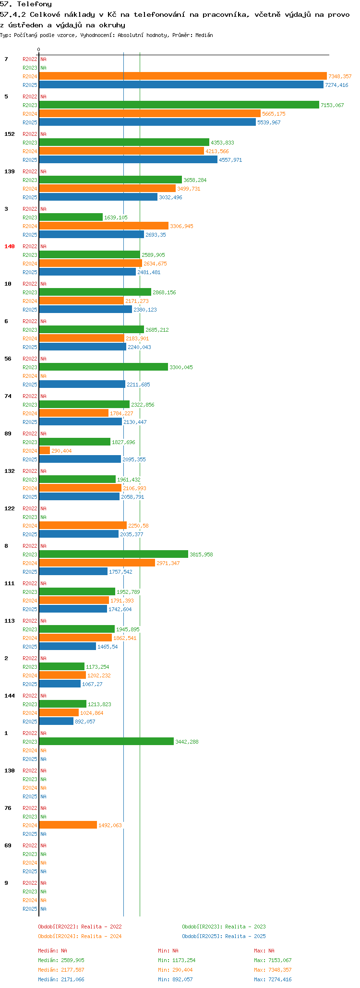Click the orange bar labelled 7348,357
point(182,76)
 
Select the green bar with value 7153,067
point(179,105)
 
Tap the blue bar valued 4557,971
point(128,159)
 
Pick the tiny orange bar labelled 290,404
point(44,450)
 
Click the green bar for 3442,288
point(106,741)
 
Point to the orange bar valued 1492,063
point(68,825)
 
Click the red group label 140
point(10,246)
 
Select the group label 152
point(10,134)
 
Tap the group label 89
point(8,434)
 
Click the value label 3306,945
point(181,226)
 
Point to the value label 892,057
point(85,722)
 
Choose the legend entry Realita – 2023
point(224,927)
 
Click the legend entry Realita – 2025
point(224,936)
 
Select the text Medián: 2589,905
point(61,960)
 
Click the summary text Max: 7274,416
point(273,979)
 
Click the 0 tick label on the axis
point(39,50)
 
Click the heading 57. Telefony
point(26,4)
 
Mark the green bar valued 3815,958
point(113,554)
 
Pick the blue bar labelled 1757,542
point(73,571)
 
